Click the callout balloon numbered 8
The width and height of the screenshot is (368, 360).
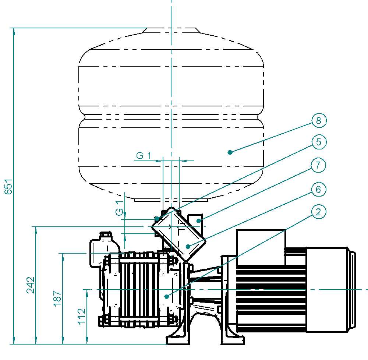click(319, 121)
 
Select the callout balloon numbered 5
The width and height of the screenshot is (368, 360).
click(319, 142)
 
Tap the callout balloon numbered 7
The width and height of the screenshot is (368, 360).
click(318, 165)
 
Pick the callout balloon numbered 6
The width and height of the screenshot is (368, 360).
click(318, 189)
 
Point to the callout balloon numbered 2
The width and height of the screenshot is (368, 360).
click(318, 212)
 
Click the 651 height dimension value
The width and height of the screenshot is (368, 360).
click(8, 186)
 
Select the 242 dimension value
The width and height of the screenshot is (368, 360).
click(31, 285)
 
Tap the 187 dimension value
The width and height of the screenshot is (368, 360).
click(57, 298)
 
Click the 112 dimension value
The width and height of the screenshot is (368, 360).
click(81, 316)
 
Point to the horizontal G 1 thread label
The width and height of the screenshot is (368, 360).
click(144, 156)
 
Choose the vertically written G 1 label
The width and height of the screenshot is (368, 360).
click(120, 208)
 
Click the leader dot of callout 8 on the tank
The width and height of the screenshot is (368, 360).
click(230, 152)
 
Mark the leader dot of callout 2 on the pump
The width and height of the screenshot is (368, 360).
click(167, 297)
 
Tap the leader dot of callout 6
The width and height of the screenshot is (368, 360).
click(188, 246)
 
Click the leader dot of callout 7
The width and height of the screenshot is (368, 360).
click(199, 220)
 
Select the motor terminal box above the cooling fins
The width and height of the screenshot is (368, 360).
click(261, 247)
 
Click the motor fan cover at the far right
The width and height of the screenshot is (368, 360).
click(331, 290)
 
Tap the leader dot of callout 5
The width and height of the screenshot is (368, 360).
click(157, 219)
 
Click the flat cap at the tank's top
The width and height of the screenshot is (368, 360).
click(171, 30)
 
